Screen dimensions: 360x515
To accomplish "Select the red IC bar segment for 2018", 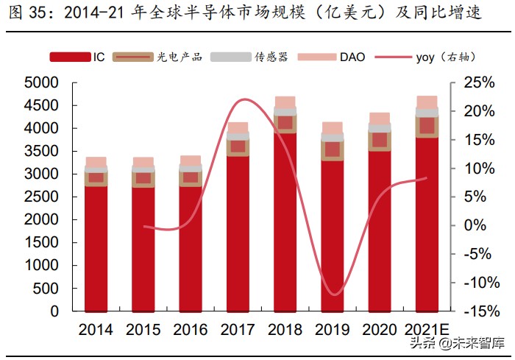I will [x=285, y=221].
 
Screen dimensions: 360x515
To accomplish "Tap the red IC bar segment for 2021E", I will [x=427, y=225].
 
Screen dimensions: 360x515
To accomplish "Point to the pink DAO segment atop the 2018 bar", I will [x=285, y=102].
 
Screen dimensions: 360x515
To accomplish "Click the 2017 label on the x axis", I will [x=237, y=331].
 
